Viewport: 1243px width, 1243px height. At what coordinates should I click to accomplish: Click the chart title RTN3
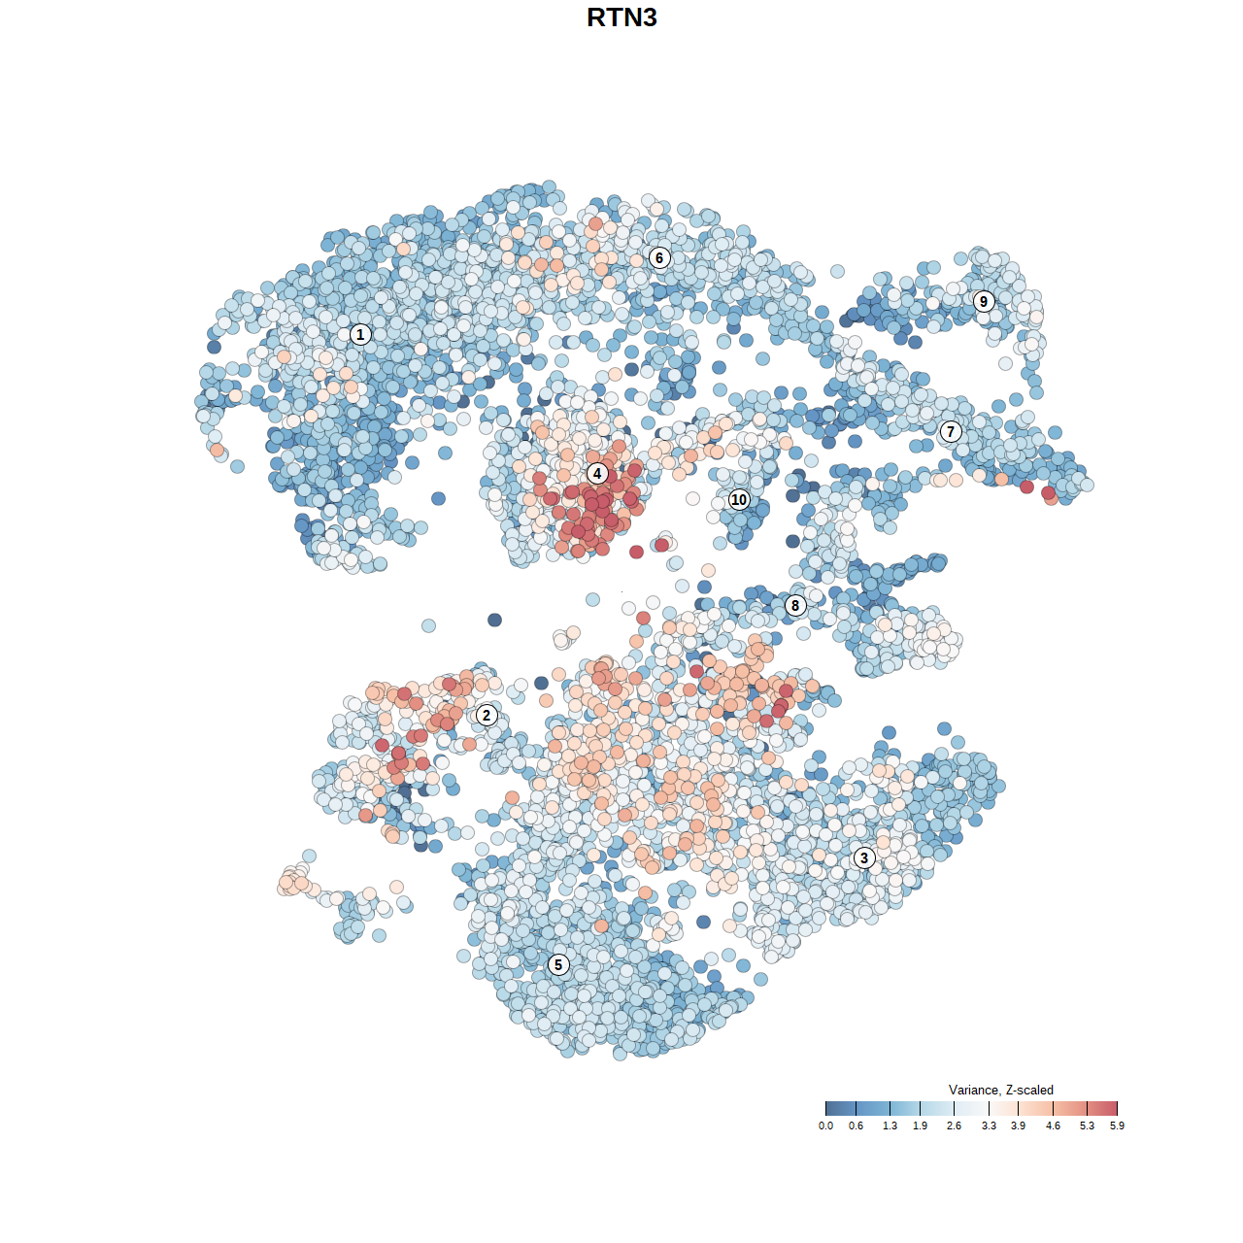[x=621, y=17]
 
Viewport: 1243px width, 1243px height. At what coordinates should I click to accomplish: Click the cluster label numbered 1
[x=360, y=335]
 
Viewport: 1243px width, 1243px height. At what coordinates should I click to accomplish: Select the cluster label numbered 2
[x=487, y=716]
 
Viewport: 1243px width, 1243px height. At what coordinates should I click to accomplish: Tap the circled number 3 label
[x=864, y=857]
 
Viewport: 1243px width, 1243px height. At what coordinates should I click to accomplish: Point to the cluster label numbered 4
[x=597, y=473]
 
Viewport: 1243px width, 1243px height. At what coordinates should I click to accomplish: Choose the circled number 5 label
[x=558, y=964]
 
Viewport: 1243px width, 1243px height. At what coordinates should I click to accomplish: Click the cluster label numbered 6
[x=659, y=257]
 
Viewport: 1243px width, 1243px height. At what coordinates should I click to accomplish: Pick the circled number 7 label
[x=951, y=432]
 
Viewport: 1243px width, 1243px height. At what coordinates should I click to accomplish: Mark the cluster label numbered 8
[x=795, y=606]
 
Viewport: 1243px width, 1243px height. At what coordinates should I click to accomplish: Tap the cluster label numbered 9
[x=984, y=301]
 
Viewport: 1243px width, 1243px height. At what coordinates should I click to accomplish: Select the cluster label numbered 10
[x=739, y=500]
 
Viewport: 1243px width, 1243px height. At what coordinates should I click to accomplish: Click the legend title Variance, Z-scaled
[x=1000, y=1091]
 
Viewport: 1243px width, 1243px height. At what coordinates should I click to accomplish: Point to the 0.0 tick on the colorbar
[x=825, y=1126]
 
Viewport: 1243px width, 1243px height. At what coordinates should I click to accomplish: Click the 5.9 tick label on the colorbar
[x=1117, y=1126]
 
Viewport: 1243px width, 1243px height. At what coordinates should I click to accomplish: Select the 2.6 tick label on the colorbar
[x=954, y=1126]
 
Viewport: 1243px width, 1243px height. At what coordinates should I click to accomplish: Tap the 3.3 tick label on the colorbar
[x=989, y=1126]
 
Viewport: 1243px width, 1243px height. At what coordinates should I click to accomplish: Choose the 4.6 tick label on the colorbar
[x=1053, y=1126]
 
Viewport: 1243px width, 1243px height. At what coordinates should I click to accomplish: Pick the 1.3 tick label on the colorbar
[x=890, y=1126]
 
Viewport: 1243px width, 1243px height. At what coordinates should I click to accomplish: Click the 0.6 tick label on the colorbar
[x=856, y=1126]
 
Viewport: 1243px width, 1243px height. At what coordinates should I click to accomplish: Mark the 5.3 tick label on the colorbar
[x=1087, y=1126]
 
